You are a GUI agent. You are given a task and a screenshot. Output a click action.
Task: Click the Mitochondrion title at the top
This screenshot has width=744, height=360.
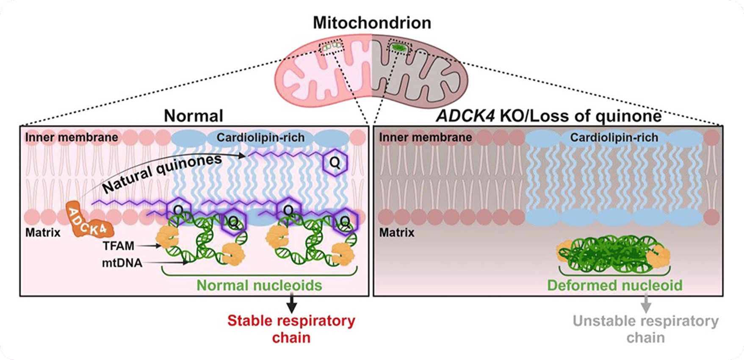[x=372, y=22]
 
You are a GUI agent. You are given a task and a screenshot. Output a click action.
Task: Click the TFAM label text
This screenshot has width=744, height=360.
[x=118, y=246]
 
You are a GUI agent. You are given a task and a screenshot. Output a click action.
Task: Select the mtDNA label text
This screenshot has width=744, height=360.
[x=122, y=263]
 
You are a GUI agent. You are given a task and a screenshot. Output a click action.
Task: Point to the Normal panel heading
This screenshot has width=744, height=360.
[x=194, y=116]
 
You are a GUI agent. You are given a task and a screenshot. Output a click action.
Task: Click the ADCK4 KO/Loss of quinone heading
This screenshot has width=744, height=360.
[x=549, y=116]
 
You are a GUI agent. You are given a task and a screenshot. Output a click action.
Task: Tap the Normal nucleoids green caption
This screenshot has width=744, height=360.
[x=259, y=285]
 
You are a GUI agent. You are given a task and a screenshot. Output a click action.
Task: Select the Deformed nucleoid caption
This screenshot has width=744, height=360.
[x=614, y=285]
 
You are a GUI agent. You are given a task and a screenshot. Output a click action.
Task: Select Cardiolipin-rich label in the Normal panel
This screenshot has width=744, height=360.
[x=260, y=138]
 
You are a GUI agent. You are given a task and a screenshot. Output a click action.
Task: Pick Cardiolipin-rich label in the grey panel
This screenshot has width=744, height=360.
[x=614, y=138]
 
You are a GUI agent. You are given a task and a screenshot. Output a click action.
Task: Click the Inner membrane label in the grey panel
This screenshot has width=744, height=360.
[x=425, y=137]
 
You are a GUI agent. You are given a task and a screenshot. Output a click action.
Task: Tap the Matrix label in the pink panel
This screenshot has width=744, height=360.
[x=43, y=233]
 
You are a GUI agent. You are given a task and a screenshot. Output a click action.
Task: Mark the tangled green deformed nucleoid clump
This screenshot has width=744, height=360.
[x=614, y=254]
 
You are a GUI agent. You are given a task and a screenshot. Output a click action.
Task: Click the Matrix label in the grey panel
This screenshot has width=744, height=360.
[x=397, y=233]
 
